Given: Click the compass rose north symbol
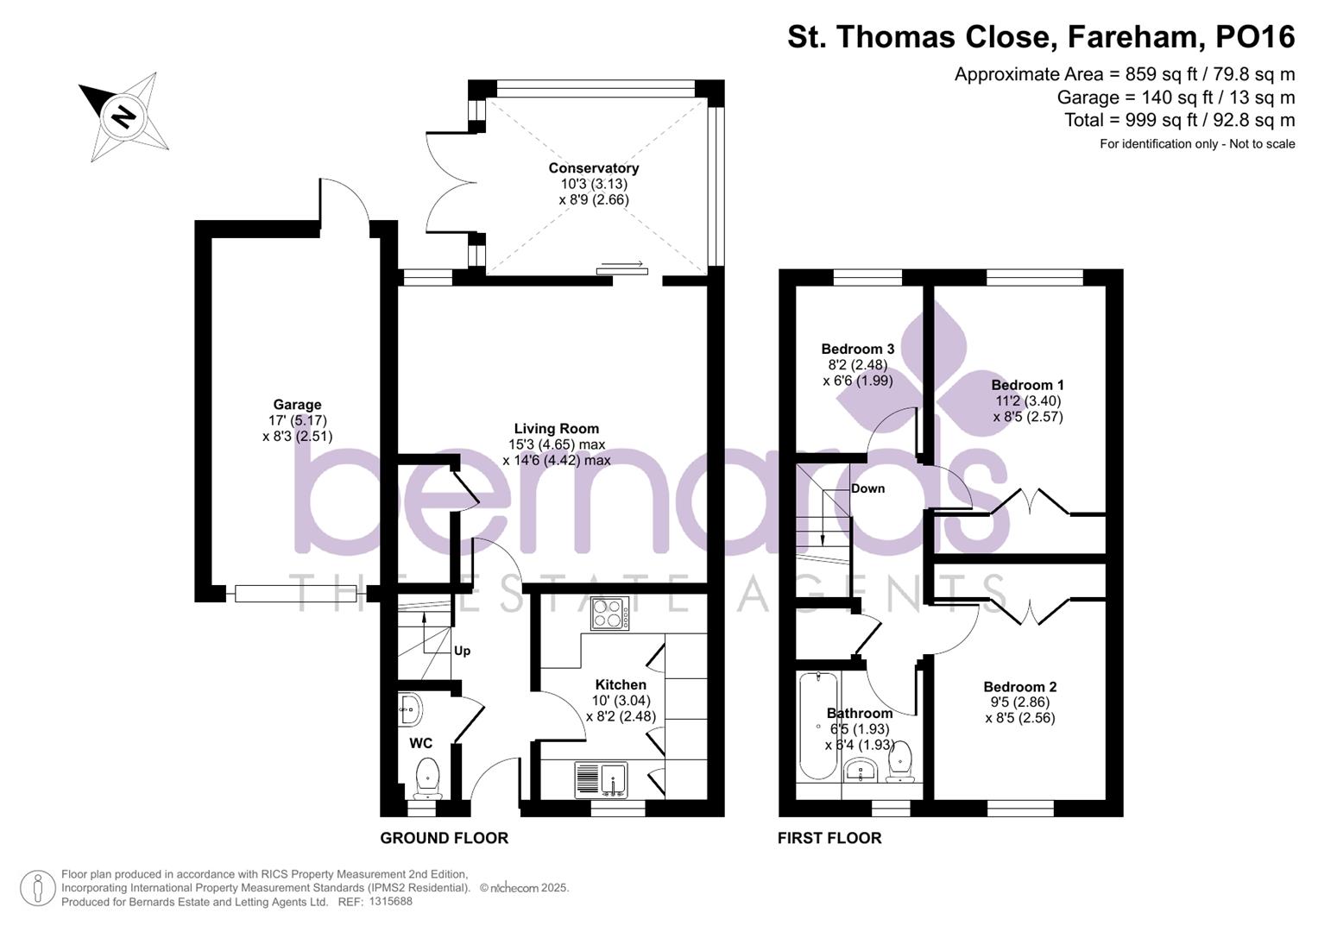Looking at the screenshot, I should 123,116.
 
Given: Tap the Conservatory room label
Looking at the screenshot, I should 594,168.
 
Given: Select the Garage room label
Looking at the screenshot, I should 297,405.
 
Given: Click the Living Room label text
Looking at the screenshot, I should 556,429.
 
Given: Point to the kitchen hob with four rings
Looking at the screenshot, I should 610,614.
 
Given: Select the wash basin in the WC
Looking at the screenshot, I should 410,711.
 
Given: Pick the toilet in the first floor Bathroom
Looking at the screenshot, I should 900,760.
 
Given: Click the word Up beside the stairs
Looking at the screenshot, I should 462,651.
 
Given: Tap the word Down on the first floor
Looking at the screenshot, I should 867,488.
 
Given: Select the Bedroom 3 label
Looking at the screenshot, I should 857,349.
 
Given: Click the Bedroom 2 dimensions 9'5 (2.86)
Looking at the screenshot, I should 1019,702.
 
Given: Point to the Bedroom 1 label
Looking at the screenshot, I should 1027,385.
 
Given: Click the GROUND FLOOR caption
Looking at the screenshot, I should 444,838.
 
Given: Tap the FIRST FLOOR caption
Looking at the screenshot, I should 829,838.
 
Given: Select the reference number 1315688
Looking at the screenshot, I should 390,902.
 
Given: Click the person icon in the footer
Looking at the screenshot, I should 37,888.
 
